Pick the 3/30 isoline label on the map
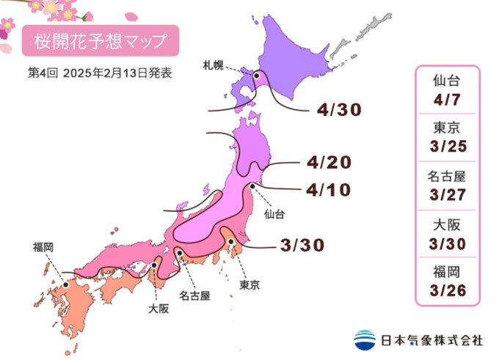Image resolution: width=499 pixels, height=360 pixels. pos(302,245)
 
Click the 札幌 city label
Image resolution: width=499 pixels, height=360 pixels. pos(214,65)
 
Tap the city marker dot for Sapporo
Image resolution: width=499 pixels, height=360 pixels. pos(257,76)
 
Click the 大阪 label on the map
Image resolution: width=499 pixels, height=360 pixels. pos(158,309)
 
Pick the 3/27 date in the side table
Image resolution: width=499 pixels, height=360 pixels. pos(447,194)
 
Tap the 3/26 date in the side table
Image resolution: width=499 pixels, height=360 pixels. pos(447,291)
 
